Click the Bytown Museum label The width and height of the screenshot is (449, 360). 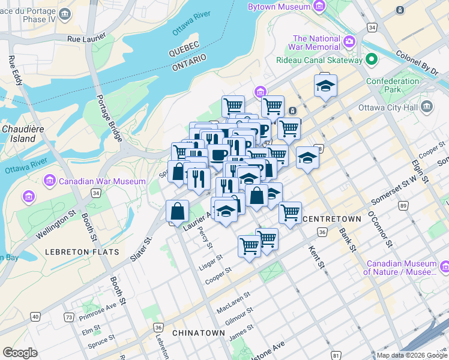(x=280, y=7)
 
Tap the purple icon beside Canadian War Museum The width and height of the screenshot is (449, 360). (x=50, y=181)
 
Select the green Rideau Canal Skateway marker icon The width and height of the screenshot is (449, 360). (x=372, y=59)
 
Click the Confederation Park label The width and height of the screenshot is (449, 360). (x=393, y=85)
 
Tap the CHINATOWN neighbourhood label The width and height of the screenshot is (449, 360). (x=198, y=332)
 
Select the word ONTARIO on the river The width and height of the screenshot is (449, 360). (x=189, y=63)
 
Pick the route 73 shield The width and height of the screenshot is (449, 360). (x=70, y=317)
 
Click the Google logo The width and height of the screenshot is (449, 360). (x=20, y=353)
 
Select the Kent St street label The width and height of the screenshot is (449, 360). (x=316, y=257)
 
